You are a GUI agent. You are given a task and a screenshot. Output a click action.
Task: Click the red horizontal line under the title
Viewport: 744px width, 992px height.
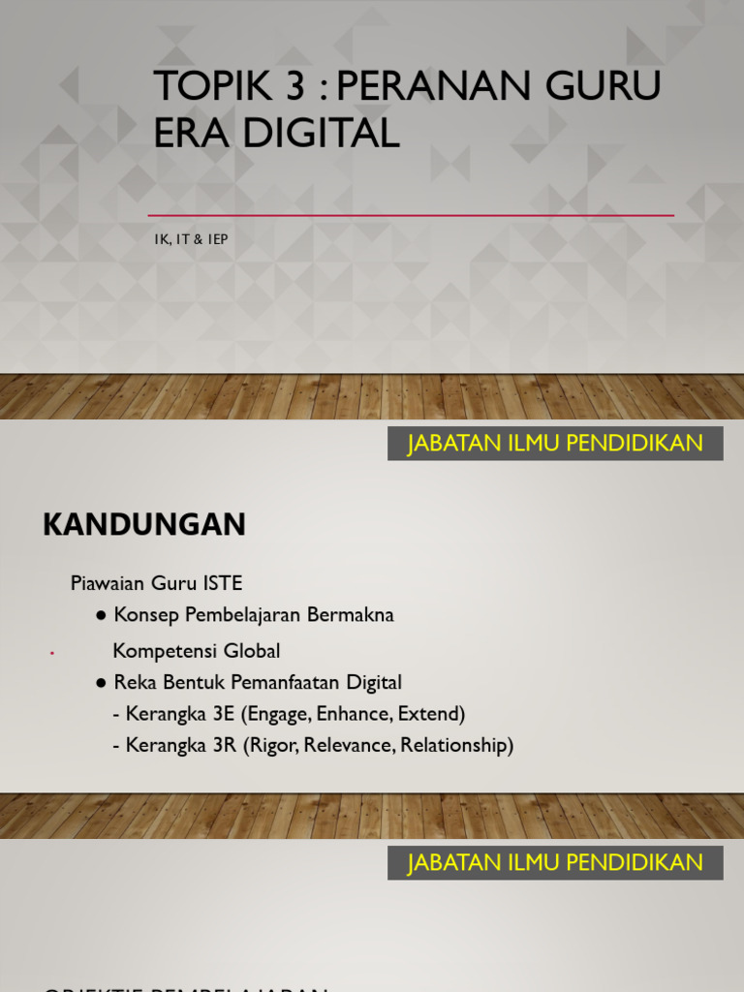click(x=411, y=215)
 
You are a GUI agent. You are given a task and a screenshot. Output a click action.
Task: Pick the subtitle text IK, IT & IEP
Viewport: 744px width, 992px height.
click(x=191, y=239)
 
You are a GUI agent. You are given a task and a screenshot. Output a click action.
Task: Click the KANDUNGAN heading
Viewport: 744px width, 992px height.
click(x=144, y=525)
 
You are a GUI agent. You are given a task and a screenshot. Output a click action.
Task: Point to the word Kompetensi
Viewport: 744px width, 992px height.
click(x=162, y=651)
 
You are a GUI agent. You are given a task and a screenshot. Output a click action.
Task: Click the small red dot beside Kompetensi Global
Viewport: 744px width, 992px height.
click(x=50, y=655)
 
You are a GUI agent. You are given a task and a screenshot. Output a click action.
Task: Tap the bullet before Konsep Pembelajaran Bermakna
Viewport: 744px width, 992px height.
click(x=101, y=616)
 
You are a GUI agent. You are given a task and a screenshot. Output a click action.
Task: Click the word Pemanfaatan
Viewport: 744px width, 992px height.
click(x=297, y=683)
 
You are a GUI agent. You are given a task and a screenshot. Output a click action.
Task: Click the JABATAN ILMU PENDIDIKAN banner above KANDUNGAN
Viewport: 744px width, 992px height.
click(x=555, y=444)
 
